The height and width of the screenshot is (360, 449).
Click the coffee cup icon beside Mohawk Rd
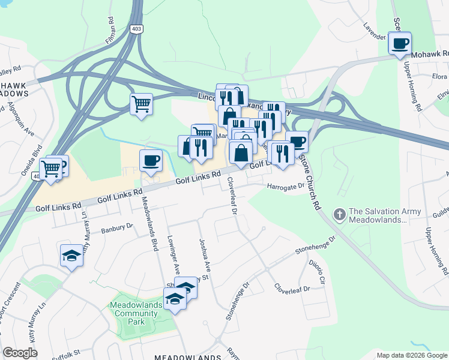[399, 43]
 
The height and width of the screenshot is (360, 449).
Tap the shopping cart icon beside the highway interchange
[141, 104]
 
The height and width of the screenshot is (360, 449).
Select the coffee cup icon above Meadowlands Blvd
[151, 160]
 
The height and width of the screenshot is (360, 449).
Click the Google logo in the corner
[20, 353]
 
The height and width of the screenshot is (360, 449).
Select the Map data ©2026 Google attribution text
[412, 355]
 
